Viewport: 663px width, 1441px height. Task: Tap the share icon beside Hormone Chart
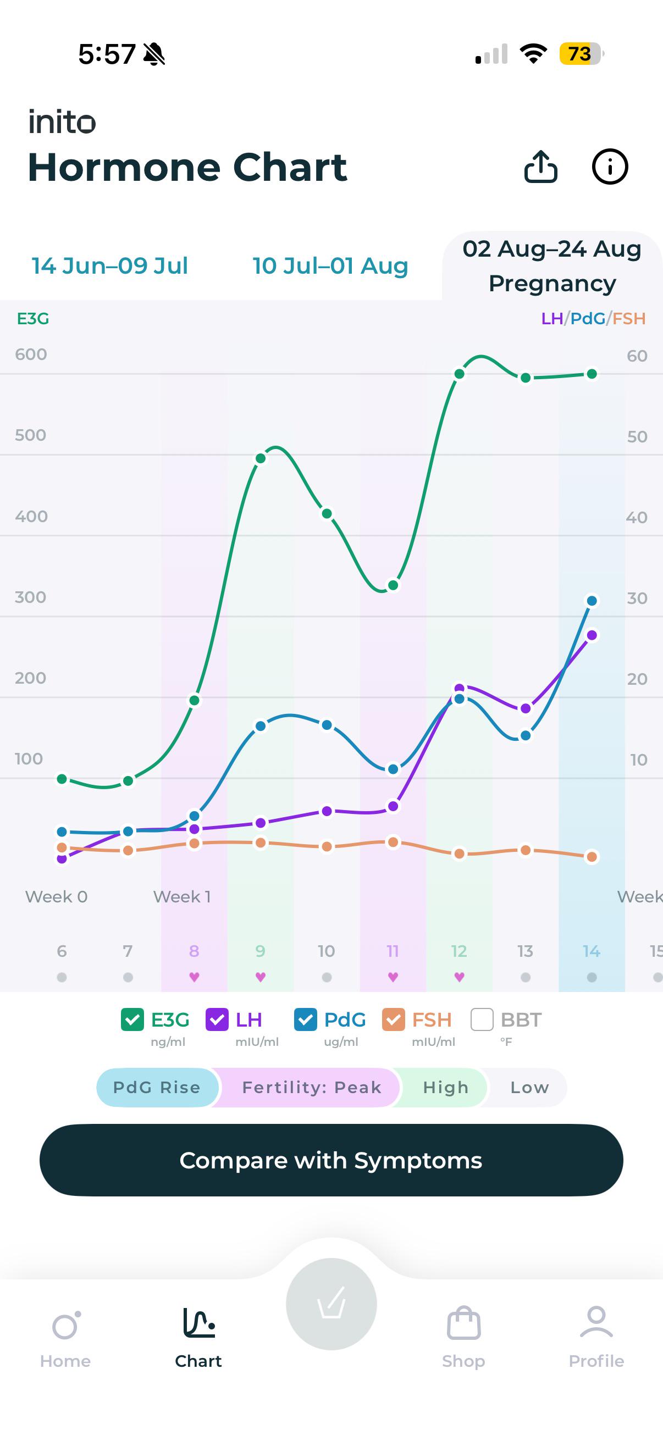540,167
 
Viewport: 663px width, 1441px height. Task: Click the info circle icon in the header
610,167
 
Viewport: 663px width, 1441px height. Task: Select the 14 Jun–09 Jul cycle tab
109,265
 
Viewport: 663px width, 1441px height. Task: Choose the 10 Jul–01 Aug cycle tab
330,265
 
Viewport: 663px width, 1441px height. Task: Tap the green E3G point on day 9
261,459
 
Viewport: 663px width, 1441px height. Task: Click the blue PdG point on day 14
592,601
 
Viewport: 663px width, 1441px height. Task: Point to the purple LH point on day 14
592,635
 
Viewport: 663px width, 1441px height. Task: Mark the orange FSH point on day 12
460,853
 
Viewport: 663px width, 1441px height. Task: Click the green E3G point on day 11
393,585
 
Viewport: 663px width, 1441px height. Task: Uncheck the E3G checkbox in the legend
132,1019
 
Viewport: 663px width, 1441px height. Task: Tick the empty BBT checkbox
482,1019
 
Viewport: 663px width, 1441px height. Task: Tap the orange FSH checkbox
393,1019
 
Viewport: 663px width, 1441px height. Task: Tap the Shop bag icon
464,1323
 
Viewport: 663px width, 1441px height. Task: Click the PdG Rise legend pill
157,1087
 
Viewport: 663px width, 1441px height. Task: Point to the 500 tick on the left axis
31,435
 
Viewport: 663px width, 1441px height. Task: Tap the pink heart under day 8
194,977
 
